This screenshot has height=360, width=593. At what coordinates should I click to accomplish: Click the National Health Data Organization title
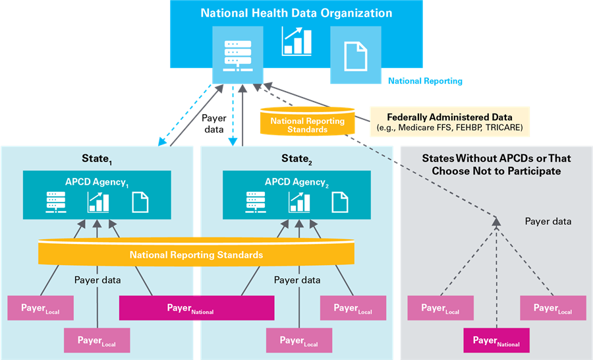296,13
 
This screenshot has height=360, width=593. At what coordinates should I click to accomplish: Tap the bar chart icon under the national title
296,42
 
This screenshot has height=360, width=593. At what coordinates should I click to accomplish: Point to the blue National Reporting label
425,81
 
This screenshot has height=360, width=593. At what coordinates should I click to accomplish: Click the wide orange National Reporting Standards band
196,254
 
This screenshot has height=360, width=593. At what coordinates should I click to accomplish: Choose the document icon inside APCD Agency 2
340,202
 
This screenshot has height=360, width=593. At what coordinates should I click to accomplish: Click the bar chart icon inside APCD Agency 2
298,201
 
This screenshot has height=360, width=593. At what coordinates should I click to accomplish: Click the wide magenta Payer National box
196,308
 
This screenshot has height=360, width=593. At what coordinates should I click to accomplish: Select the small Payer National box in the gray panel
497,341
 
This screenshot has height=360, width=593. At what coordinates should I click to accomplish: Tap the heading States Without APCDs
496,164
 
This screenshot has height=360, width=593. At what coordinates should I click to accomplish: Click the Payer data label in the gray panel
548,222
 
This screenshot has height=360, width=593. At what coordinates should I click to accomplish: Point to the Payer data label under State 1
98,280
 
